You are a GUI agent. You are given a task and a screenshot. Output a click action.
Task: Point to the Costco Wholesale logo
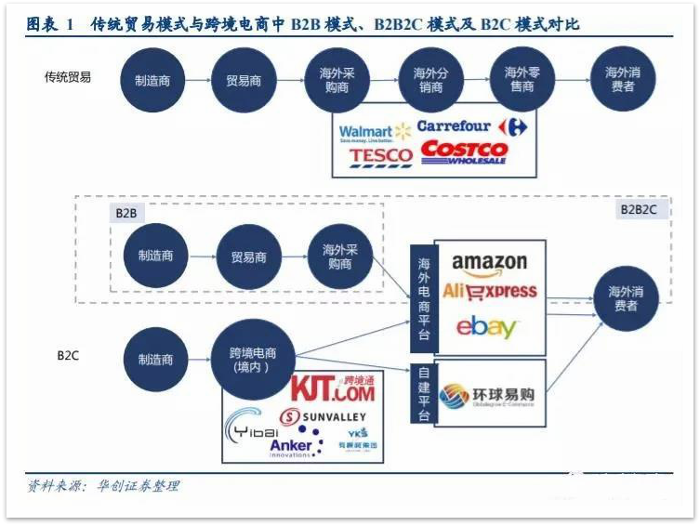(464, 153)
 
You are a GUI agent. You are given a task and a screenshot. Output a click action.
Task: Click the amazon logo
(489, 264)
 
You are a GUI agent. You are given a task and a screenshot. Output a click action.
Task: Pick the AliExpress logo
(490, 291)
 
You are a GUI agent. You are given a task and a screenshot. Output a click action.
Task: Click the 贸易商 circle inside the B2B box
(248, 256)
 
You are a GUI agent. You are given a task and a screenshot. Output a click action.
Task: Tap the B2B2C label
(639, 210)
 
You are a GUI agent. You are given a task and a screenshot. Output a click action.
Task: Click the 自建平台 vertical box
(422, 394)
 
